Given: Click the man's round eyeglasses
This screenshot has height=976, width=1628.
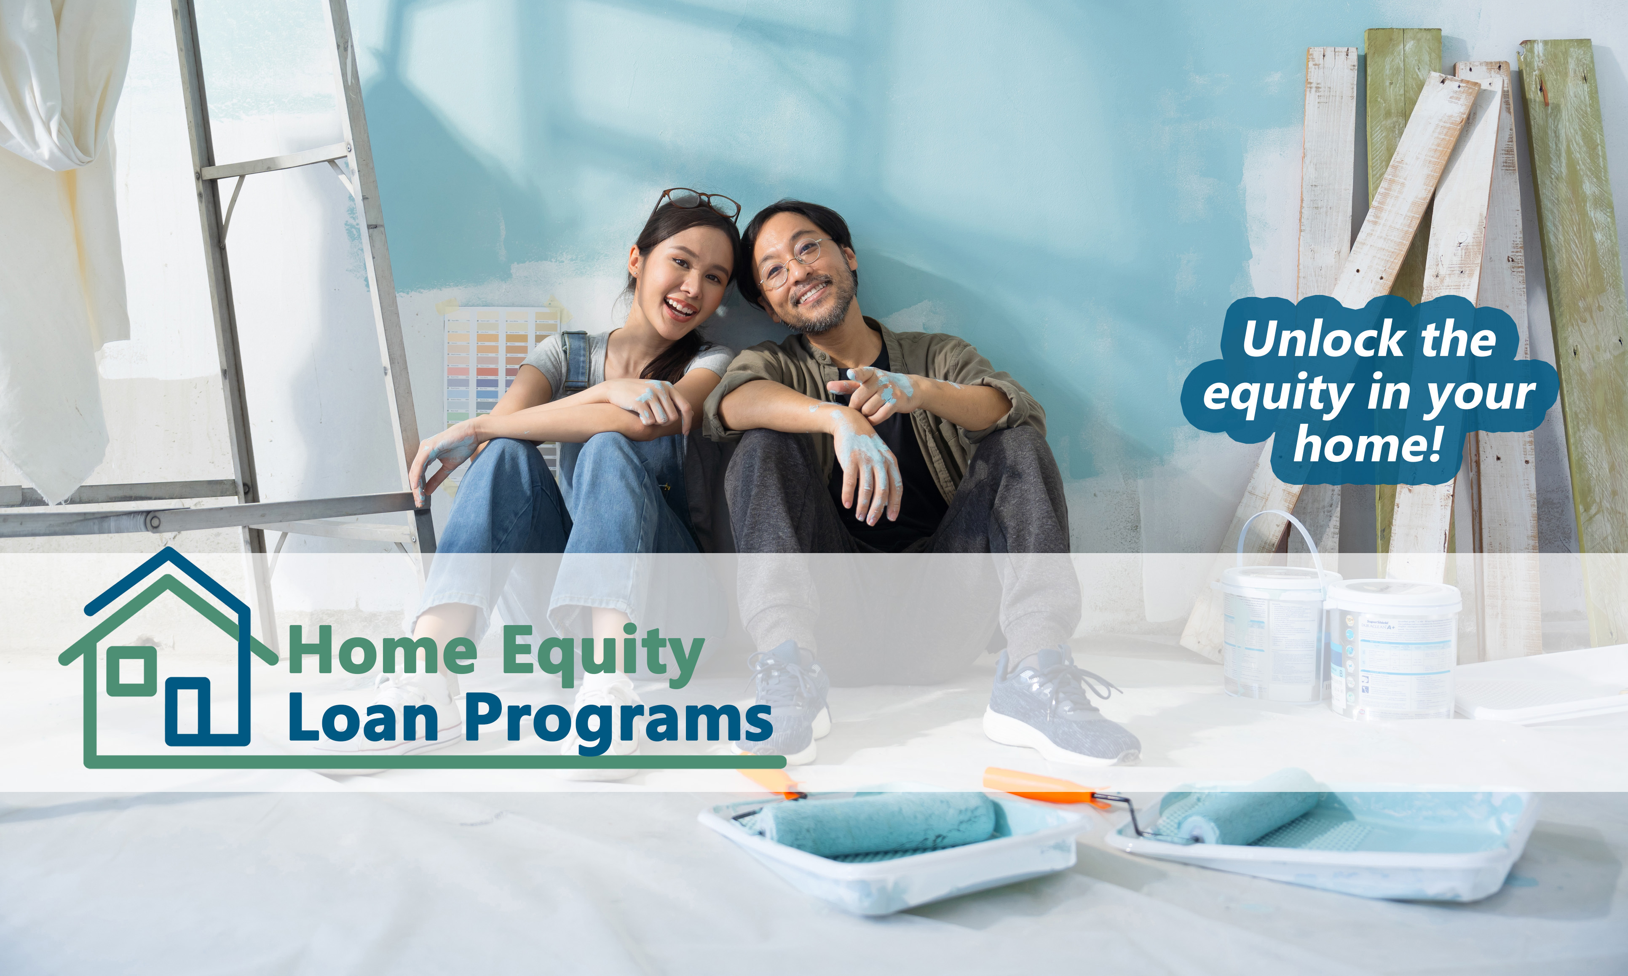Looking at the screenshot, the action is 792,262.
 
